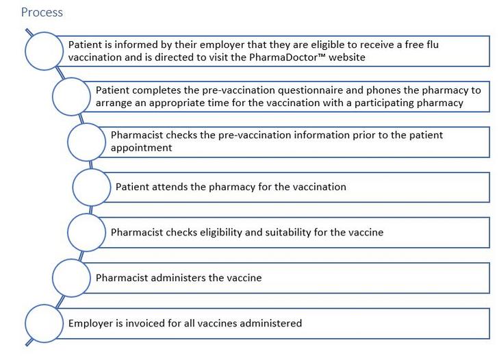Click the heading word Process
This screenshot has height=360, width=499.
tap(42, 12)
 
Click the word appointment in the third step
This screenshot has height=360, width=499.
tap(141, 148)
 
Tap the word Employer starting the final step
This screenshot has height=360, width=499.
tap(91, 324)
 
